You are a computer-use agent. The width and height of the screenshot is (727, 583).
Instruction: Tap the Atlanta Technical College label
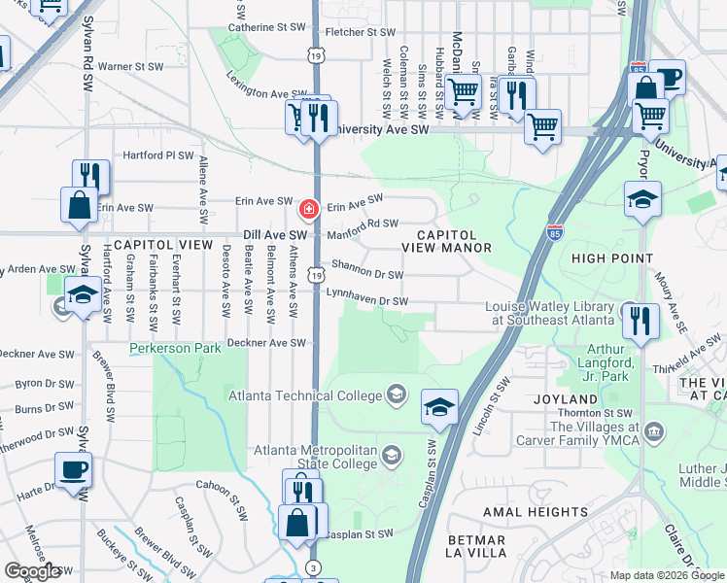(306, 394)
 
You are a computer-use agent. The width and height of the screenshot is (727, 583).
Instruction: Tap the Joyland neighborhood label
(564, 399)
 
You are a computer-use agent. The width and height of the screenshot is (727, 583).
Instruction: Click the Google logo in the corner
(32, 571)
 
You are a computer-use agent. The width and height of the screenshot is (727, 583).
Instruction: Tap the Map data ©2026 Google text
(666, 575)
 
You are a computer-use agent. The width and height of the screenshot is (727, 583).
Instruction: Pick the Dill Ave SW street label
(275, 235)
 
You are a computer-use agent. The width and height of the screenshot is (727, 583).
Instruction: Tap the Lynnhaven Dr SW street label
(365, 296)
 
